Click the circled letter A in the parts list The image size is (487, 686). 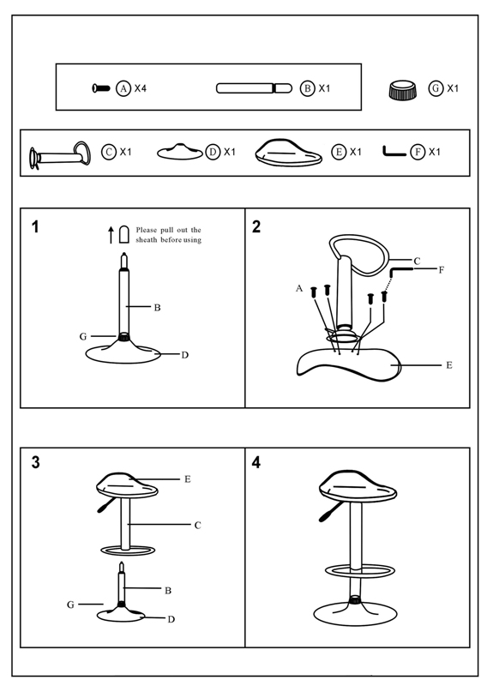point(123,88)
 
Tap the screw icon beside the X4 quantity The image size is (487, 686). point(101,88)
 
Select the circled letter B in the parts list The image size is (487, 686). point(308,88)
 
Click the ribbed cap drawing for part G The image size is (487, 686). point(403,90)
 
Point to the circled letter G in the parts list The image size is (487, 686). point(436,88)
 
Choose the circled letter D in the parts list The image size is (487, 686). point(213,152)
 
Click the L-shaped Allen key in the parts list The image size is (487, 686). point(394,152)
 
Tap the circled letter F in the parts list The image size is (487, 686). point(418,152)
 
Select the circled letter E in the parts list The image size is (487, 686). point(339,152)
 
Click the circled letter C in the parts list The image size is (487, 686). point(109,152)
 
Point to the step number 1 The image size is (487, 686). point(35,226)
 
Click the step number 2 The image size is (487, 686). point(256,226)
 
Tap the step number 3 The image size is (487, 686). point(36,462)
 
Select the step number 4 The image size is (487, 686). point(256,462)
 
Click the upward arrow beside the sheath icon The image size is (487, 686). point(111,234)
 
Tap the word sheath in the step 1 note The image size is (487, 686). point(146,240)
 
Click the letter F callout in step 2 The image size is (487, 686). point(441,270)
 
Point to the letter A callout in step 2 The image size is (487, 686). point(299,288)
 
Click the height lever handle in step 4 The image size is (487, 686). point(330,511)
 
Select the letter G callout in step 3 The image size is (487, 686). point(70,605)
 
